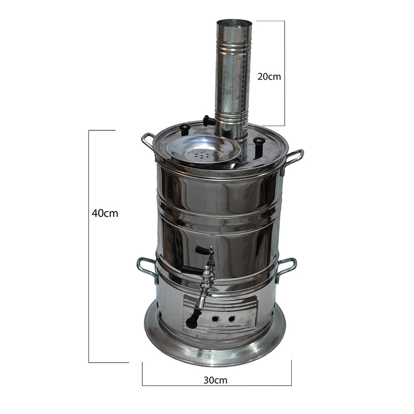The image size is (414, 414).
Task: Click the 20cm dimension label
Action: pyautogui.click(x=269, y=77)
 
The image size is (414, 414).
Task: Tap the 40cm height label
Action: pyautogui.click(x=105, y=213)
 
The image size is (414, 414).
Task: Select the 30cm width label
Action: pyautogui.click(x=215, y=380)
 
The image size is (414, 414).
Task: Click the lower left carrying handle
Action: pyautogui.click(x=146, y=268)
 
